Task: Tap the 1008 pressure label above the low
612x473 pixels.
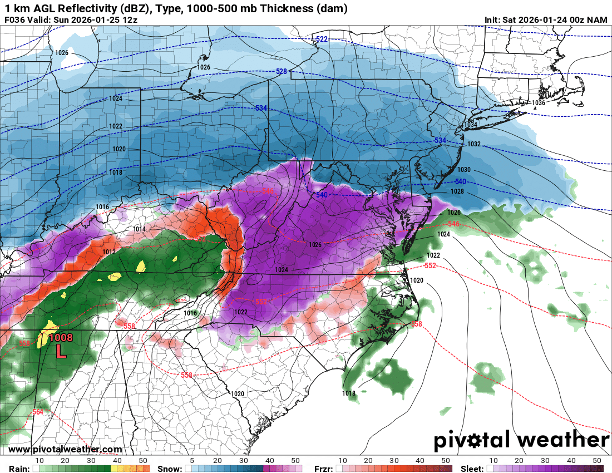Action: (61, 337)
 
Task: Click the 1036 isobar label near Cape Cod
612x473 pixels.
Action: (538, 103)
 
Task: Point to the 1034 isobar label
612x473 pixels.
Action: (471, 125)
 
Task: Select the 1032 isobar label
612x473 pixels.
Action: (474, 144)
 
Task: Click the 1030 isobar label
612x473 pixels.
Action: (463, 170)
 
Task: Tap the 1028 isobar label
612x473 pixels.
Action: (457, 191)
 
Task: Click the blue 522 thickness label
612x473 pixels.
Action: (322, 39)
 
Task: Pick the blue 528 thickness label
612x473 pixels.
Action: (282, 72)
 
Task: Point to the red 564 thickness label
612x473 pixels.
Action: (38, 412)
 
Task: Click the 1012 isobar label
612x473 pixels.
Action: (108, 252)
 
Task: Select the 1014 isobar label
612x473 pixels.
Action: (139, 229)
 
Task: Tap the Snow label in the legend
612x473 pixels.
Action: (169, 469)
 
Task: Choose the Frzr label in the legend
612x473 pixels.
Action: (323, 469)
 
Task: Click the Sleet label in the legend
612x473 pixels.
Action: (472, 469)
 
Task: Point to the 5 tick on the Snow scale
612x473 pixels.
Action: (191, 461)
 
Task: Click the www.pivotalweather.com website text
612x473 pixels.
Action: (65, 450)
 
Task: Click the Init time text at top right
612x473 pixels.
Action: (546, 20)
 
